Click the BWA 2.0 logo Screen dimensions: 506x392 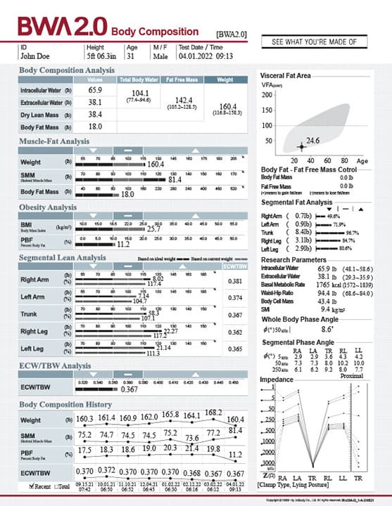62,27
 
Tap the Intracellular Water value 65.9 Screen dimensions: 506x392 95,90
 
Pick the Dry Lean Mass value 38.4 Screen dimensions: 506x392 95,114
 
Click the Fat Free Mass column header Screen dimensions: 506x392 179,79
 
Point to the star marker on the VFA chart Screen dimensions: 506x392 301,146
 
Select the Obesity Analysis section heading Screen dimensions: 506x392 48,207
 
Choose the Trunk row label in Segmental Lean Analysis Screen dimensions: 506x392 29,315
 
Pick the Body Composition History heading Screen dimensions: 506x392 65,404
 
